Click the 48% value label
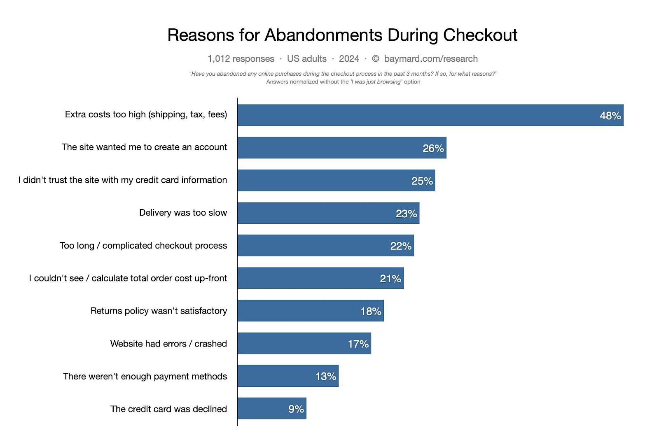(610, 116)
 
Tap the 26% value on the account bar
(433, 148)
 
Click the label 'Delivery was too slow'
(183, 213)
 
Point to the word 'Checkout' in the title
(480, 35)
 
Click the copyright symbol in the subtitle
(375, 58)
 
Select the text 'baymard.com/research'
(431, 58)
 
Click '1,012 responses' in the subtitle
(241, 58)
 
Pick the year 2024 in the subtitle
(349, 58)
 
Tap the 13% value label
(326, 376)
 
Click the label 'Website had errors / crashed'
(168, 344)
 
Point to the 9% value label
(296, 409)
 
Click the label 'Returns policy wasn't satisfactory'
(159, 311)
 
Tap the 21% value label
(390, 279)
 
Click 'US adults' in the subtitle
(306, 58)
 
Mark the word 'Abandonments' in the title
(323, 35)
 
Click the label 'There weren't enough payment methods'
(145, 376)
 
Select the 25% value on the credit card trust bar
(422, 181)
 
